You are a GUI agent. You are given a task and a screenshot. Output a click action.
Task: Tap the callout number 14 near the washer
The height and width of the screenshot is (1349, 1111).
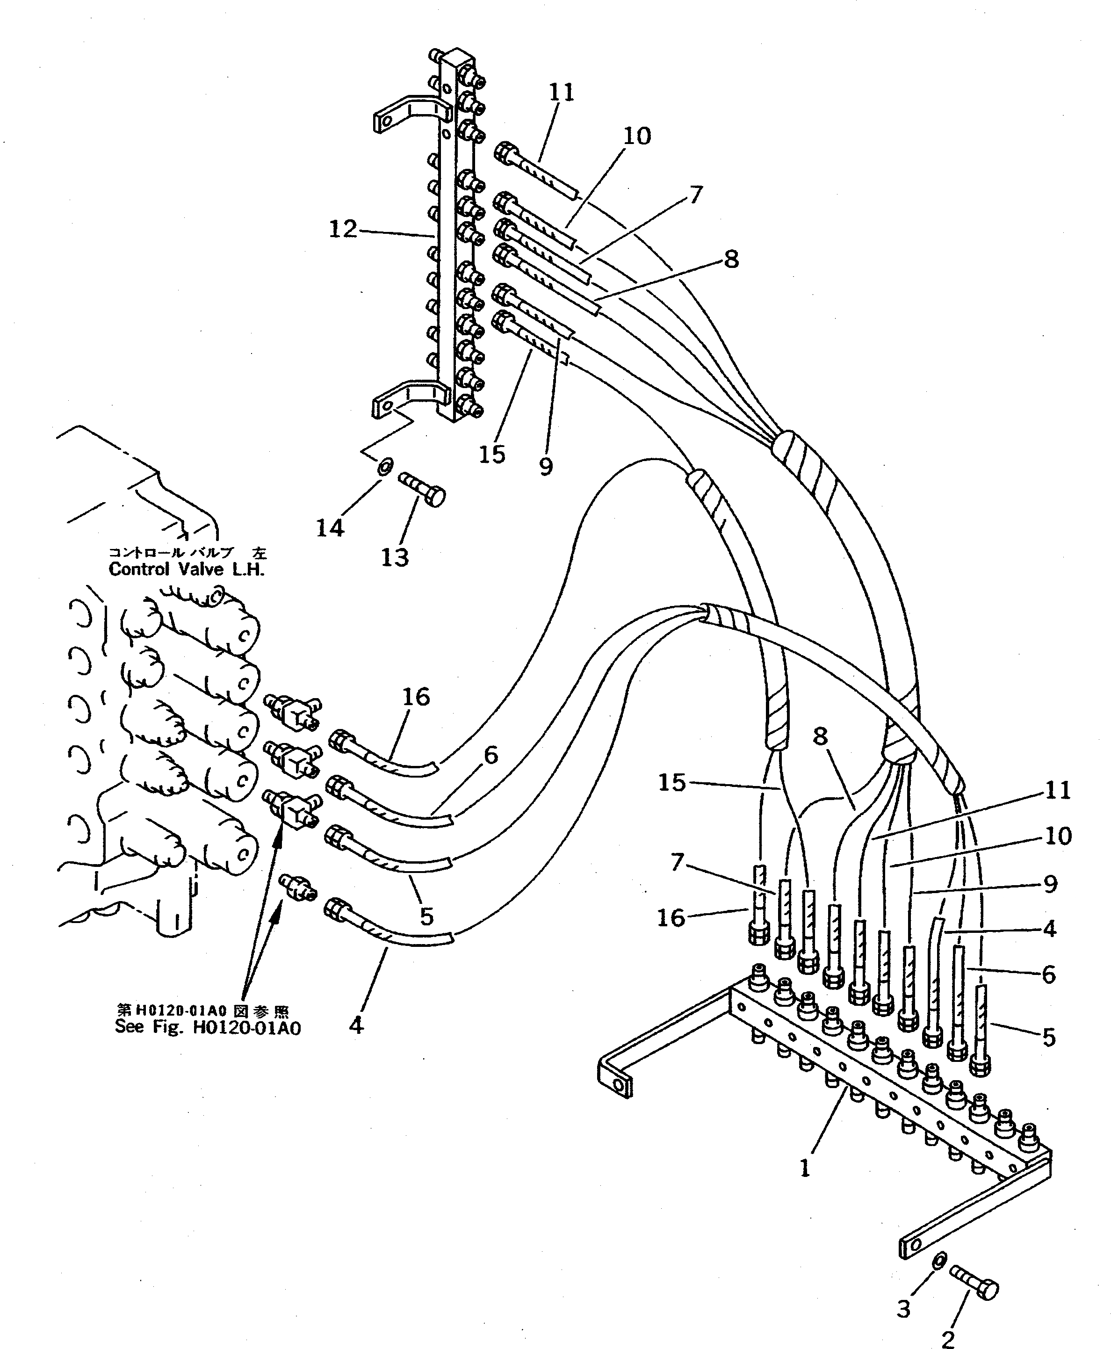330,527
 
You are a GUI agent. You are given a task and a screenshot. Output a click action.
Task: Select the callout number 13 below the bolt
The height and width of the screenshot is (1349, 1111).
394,557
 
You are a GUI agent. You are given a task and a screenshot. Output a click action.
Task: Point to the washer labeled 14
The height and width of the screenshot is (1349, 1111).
384,467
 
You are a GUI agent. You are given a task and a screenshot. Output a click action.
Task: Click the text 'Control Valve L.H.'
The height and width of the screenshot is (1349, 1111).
186,570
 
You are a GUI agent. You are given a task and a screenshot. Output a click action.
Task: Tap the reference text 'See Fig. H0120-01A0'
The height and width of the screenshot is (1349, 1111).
207,1028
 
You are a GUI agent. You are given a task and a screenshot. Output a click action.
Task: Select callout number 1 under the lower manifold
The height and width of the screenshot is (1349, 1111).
805,1169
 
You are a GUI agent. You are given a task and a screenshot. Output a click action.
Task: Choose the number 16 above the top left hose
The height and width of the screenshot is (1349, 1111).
416,697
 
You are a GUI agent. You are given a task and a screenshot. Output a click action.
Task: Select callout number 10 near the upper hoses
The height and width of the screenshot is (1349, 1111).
637,136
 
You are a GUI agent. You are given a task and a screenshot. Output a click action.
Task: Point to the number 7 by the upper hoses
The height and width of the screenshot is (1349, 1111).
696,195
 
